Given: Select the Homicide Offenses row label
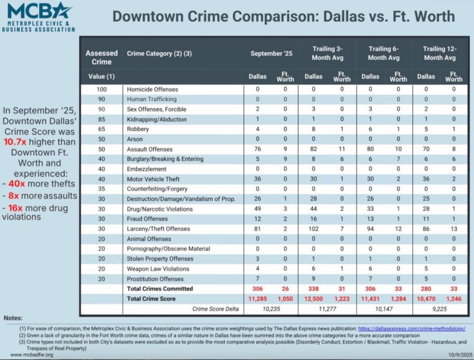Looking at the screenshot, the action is (x=152, y=89).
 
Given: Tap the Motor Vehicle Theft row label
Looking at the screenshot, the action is (x=153, y=179).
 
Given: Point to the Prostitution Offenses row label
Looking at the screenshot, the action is (x=155, y=279).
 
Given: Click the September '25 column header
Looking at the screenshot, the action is (x=271, y=53).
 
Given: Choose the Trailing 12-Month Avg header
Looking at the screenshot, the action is (x=440, y=53).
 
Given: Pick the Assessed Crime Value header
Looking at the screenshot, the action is (x=101, y=64).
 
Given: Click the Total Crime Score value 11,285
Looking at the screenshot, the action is (x=257, y=298).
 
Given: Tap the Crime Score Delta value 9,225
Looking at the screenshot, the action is (x=440, y=308).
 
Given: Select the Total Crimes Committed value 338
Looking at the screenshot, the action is (x=313, y=289).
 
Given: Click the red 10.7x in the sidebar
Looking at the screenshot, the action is (x=15, y=142).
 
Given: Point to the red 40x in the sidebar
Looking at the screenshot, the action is (x=17, y=184).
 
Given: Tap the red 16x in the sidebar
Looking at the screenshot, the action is (x=15, y=208).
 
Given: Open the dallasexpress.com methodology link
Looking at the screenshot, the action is (x=411, y=329).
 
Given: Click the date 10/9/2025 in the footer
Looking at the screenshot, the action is (x=460, y=355).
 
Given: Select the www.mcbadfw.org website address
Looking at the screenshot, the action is (x=31, y=355).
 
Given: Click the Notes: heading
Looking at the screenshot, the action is (x=13, y=318).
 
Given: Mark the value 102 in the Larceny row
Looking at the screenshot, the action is (x=313, y=229).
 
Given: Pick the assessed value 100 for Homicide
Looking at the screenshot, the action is (x=101, y=89).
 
